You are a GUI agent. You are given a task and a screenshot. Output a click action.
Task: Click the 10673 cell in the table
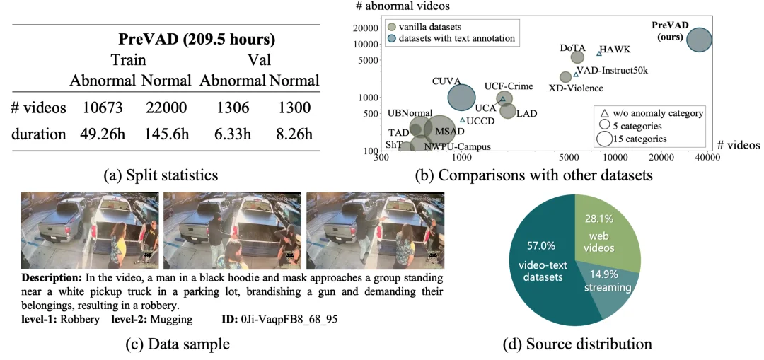(103, 109)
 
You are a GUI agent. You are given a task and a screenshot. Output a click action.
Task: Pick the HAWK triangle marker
(599, 52)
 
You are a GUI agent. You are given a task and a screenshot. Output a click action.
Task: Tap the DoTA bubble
(577, 57)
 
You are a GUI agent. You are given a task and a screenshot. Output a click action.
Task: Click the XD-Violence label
(576, 88)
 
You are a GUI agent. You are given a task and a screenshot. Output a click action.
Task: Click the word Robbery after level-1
(82, 319)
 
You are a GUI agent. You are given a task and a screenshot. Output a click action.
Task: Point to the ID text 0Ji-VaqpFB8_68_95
(289, 319)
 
